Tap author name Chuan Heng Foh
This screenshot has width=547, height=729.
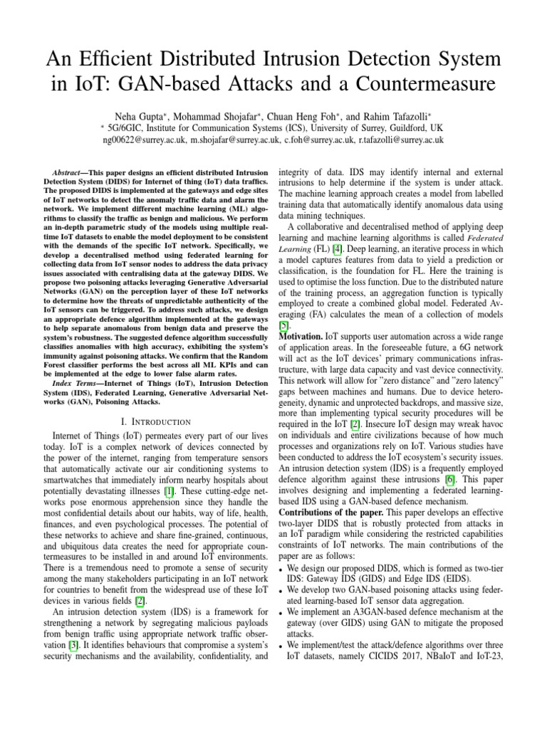(x=308, y=115)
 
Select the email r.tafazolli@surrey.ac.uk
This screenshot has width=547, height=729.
(x=401, y=140)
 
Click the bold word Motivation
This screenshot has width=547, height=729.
(x=301, y=335)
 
